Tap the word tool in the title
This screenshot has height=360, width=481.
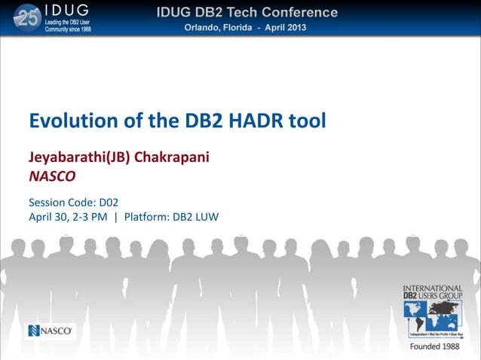(x=307, y=121)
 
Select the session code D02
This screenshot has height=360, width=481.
(x=109, y=202)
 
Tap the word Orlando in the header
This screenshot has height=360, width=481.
(x=206, y=28)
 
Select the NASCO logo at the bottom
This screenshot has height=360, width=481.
(x=51, y=331)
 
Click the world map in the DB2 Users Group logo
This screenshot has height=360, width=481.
(x=432, y=315)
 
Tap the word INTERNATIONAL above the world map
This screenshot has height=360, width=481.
(x=433, y=288)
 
